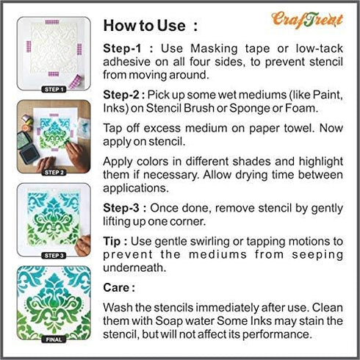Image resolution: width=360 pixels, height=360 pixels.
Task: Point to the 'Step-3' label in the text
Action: coord(123,208)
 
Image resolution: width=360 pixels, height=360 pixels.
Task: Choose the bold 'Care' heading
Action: coord(119,289)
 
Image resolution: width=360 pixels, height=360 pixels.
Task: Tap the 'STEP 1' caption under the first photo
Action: coord(55,89)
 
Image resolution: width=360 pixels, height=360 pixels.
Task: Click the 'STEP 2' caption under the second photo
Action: coord(55,172)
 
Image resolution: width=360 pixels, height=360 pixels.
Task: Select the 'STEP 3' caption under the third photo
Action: coord(55,255)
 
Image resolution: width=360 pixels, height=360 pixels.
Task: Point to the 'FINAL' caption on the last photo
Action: coord(55,338)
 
